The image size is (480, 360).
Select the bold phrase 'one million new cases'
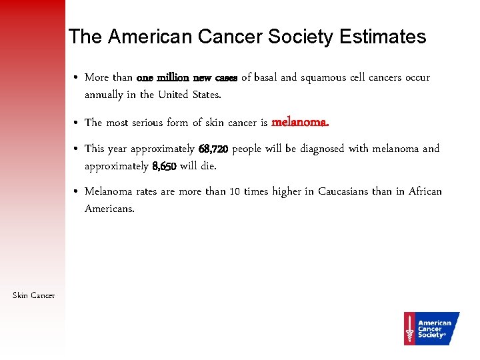pos(187,77)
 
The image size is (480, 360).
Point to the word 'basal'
pos(265,77)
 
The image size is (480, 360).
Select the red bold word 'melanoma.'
pos(300,122)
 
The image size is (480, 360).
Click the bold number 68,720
pos(213,149)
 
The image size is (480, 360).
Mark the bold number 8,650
pos(165,166)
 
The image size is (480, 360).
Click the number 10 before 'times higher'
pos(235,191)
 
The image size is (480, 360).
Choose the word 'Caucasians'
pos(342,191)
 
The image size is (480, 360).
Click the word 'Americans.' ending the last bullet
pos(109,209)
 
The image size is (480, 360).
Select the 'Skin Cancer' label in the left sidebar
pos(33,295)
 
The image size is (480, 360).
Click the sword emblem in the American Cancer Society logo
pos(409,328)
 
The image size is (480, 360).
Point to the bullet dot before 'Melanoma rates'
pos(78,192)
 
